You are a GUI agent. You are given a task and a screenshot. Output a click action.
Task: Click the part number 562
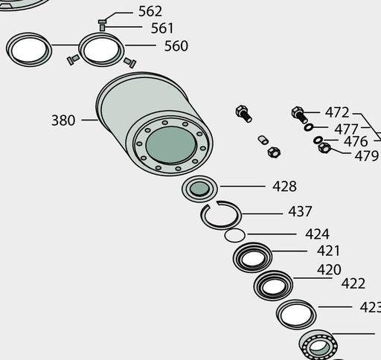(x=150, y=11)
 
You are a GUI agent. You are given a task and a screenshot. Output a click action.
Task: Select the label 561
(x=162, y=28)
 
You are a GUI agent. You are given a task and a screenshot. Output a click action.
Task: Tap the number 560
(x=176, y=46)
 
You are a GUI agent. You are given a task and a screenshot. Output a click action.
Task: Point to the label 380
(x=63, y=120)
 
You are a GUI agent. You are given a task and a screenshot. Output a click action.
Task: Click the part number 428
(x=284, y=187)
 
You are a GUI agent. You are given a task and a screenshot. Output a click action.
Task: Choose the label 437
(x=300, y=212)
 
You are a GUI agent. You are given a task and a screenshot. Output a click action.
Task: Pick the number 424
(x=317, y=234)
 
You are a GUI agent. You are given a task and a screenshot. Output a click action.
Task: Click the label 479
(x=367, y=156)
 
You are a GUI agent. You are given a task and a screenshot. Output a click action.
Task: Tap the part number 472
(x=337, y=112)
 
